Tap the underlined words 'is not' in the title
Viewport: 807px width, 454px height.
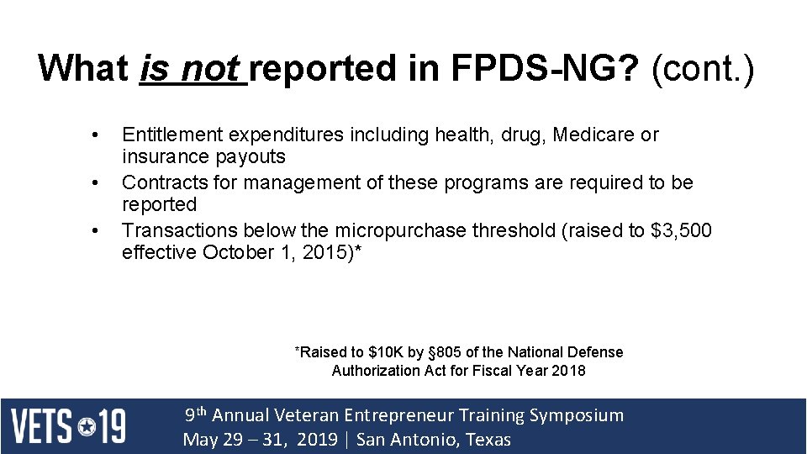(x=191, y=67)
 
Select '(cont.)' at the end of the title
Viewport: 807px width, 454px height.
(x=703, y=67)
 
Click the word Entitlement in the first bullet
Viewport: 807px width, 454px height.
(x=171, y=135)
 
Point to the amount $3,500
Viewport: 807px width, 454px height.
(x=681, y=230)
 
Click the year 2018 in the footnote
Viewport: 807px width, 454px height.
(x=568, y=370)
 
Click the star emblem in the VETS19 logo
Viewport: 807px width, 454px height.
(x=88, y=426)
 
